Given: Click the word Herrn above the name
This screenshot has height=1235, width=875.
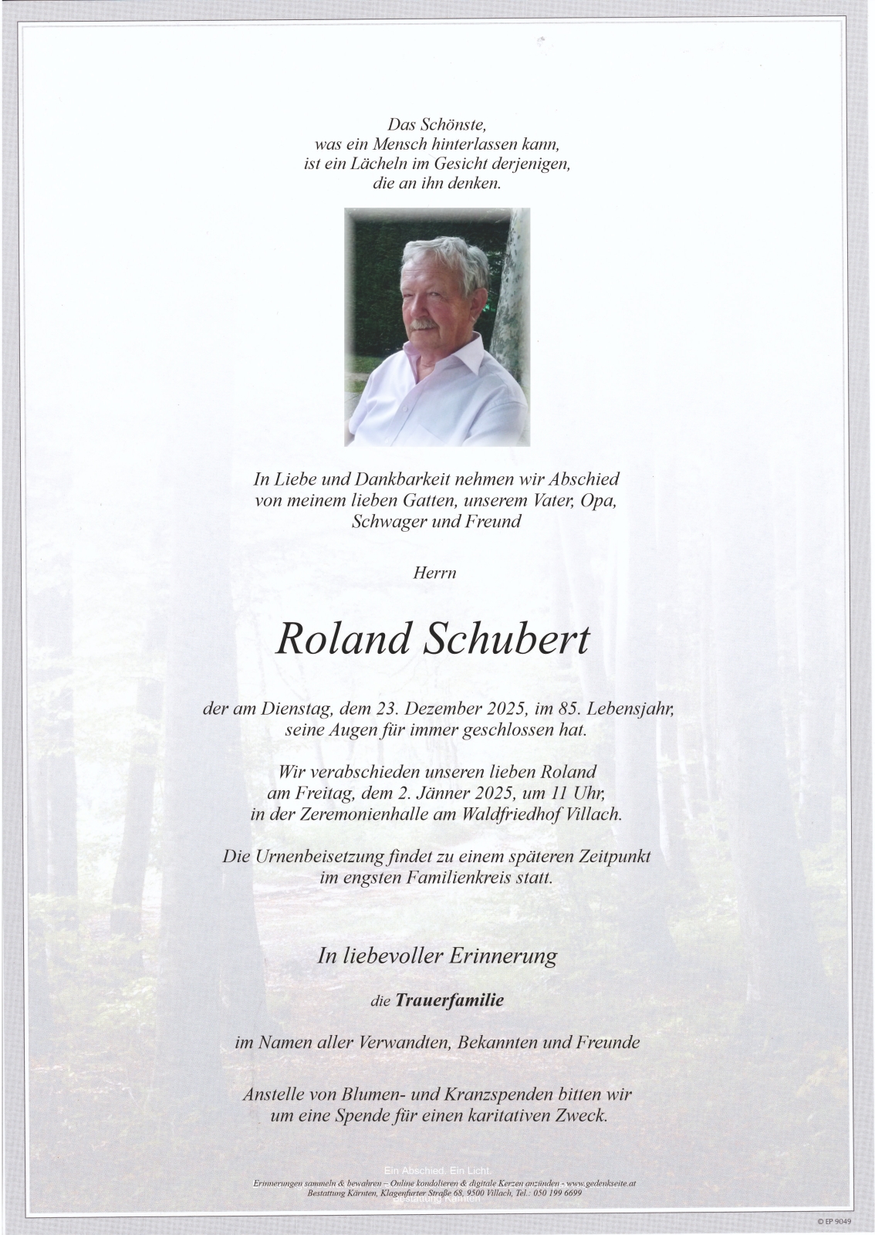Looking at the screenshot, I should tap(437, 573).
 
